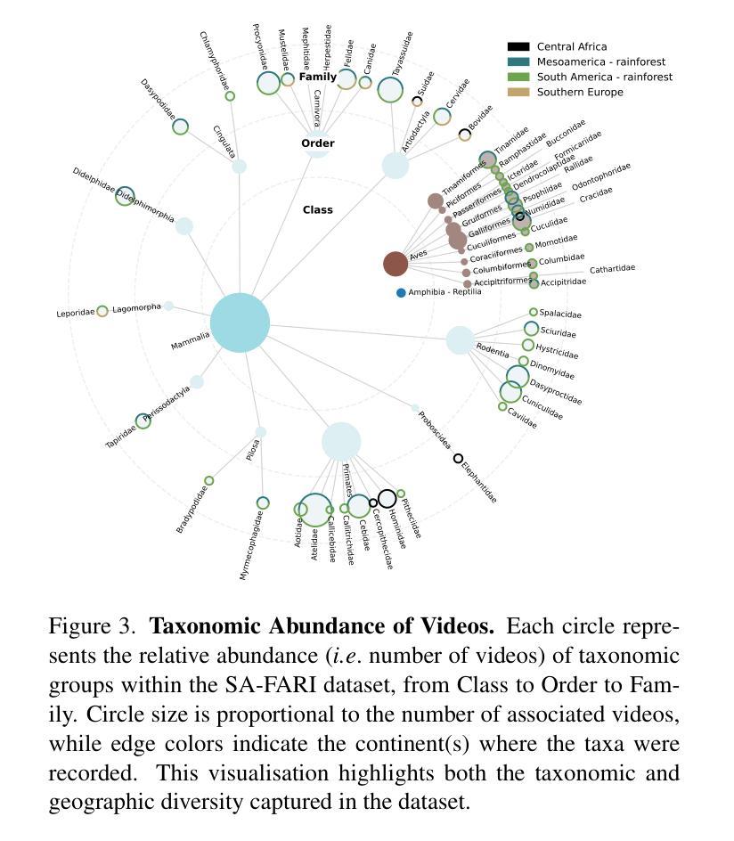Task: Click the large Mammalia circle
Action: click(x=240, y=323)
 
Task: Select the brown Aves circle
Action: click(x=396, y=264)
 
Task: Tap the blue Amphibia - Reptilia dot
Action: click(x=401, y=293)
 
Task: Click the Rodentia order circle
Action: click(x=460, y=339)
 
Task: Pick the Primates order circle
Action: click(x=341, y=441)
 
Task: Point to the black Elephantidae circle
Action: click(x=459, y=459)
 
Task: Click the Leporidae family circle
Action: click(x=102, y=311)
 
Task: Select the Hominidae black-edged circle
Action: click(x=387, y=499)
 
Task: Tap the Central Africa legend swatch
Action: click(x=518, y=46)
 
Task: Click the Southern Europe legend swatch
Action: click(x=518, y=92)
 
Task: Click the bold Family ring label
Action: click(x=317, y=77)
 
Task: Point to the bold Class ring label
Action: click(x=317, y=209)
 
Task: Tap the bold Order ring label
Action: click(x=317, y=143)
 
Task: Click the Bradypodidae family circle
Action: click(x=209, y=481)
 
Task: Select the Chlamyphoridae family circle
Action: click(x=230, y=96)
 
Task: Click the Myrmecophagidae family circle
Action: click(x=263, y=503)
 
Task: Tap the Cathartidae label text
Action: click(x=612, y=268)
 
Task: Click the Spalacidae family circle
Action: click(x=534, y=312)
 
